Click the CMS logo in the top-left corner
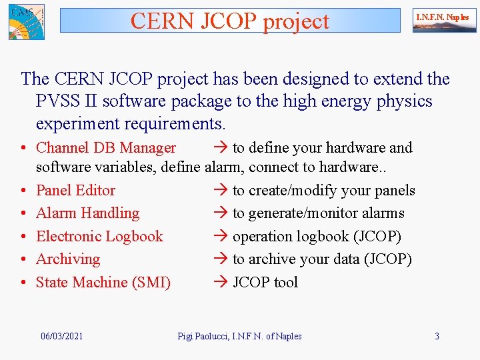[26, 21]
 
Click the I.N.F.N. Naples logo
[444, 21]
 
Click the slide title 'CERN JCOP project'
[230, 21]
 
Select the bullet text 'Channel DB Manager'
[105, 148]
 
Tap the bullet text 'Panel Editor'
[75, 191]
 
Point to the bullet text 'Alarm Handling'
[87, 213]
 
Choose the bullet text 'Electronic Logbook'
[99, 237]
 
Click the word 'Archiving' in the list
[67, 259]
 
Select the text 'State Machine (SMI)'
[103, 283]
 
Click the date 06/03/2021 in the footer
[62, 336]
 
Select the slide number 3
[437, 336]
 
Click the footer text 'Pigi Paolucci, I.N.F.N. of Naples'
[239, 336]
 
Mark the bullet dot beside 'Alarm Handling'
[23, 214]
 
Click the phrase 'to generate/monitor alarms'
[318, 213]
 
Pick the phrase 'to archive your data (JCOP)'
[322, 259]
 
